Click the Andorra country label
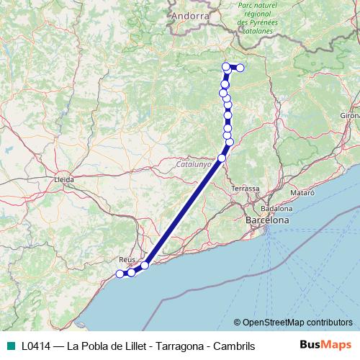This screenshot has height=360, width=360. [191, 14]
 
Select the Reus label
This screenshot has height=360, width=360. [127, 258]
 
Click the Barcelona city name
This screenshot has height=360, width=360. [267, 220]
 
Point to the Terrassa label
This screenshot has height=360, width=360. [246, 188]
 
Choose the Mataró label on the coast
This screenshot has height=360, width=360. [302, 194]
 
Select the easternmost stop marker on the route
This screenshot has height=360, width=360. [240, 68]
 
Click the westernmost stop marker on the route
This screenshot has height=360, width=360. [120, 274]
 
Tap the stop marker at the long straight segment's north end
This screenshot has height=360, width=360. [222, 158]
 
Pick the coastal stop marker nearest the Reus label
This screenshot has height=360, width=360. [132, 272]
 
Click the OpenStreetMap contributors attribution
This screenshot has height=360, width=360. [293, 322]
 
